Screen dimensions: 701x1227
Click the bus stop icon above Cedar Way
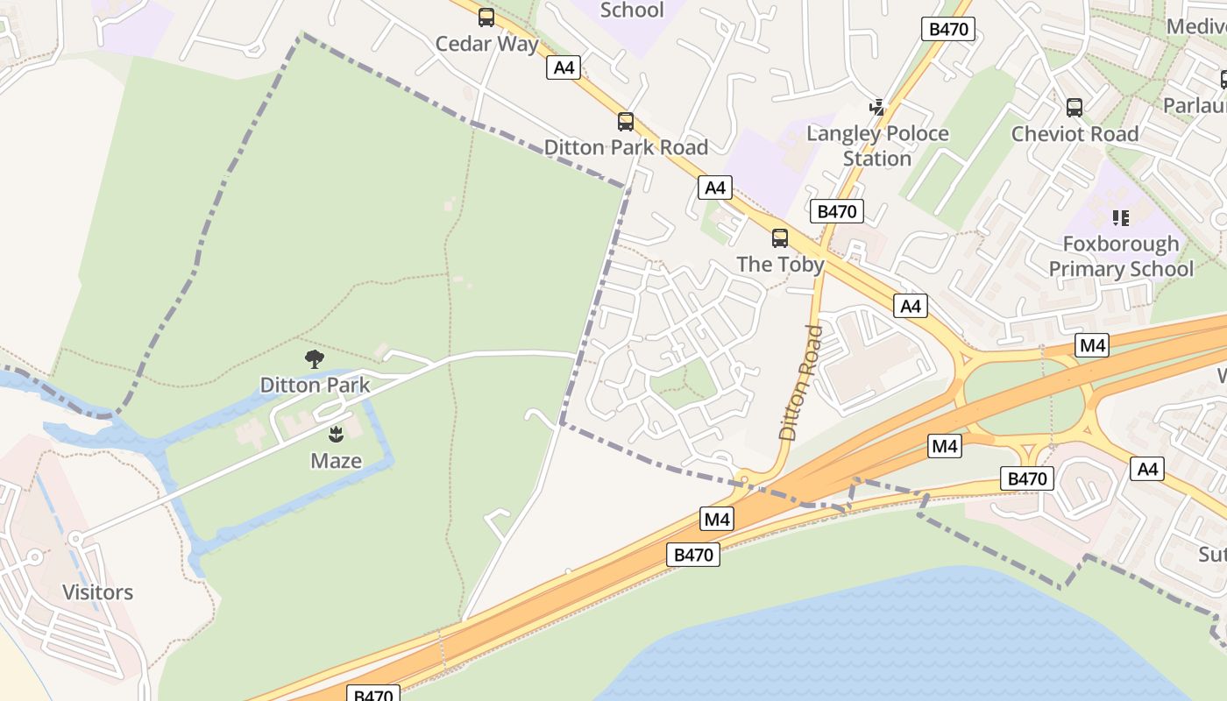486,17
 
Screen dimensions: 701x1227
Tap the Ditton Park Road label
626,146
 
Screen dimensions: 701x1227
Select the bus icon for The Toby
779,237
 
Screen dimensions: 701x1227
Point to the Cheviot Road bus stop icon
1075,108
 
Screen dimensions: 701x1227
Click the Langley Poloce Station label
877,145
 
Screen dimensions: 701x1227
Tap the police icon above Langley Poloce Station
876,107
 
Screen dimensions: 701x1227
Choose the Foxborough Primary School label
1121,256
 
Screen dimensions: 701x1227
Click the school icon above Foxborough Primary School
1120,217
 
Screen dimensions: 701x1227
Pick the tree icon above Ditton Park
314,358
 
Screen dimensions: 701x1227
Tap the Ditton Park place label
315,385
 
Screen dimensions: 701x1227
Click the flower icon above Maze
336,434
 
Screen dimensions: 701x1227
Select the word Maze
336,460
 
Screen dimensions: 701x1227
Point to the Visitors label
98,592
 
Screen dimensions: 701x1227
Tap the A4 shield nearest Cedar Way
563,67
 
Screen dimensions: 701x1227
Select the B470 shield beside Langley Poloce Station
836,211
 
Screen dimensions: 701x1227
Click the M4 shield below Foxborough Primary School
1092,345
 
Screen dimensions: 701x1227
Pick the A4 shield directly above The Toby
715,188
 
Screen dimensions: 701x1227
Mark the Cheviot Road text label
1075,134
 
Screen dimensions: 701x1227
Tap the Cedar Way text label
486,43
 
